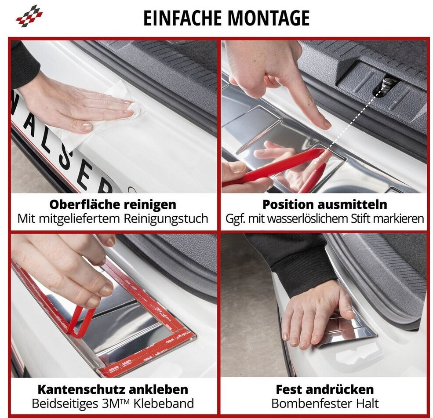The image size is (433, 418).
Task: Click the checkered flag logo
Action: pos(29,16)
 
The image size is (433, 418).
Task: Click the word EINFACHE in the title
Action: pos(182,18)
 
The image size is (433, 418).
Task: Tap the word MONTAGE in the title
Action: pos(269,18)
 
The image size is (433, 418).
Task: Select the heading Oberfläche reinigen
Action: pos(113,204)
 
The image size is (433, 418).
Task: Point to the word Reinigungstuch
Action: pos(166,219)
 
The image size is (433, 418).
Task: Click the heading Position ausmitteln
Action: pos(325,204)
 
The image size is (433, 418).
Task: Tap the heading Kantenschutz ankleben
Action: pos(113,389)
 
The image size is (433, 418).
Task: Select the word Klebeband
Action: pos(164,403)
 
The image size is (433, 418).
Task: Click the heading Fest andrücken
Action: pos(325,389)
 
